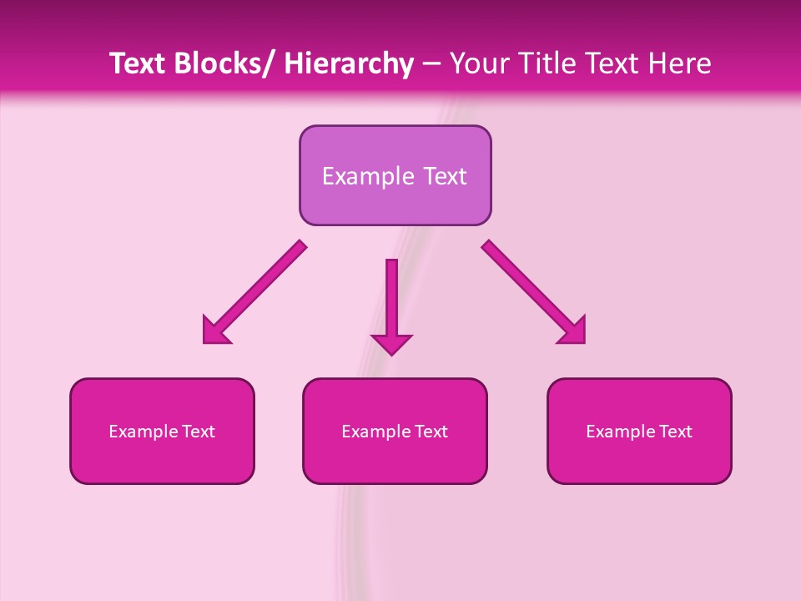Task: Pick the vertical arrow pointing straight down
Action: coord(391,305)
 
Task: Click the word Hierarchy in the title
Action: coord(349,64)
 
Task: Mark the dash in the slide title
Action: coord(431,64)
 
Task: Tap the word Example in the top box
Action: coord(367,176)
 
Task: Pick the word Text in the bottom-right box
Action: coord(675,432)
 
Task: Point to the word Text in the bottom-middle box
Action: coord(431,432)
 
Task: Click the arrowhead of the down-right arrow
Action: coord(573,331)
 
